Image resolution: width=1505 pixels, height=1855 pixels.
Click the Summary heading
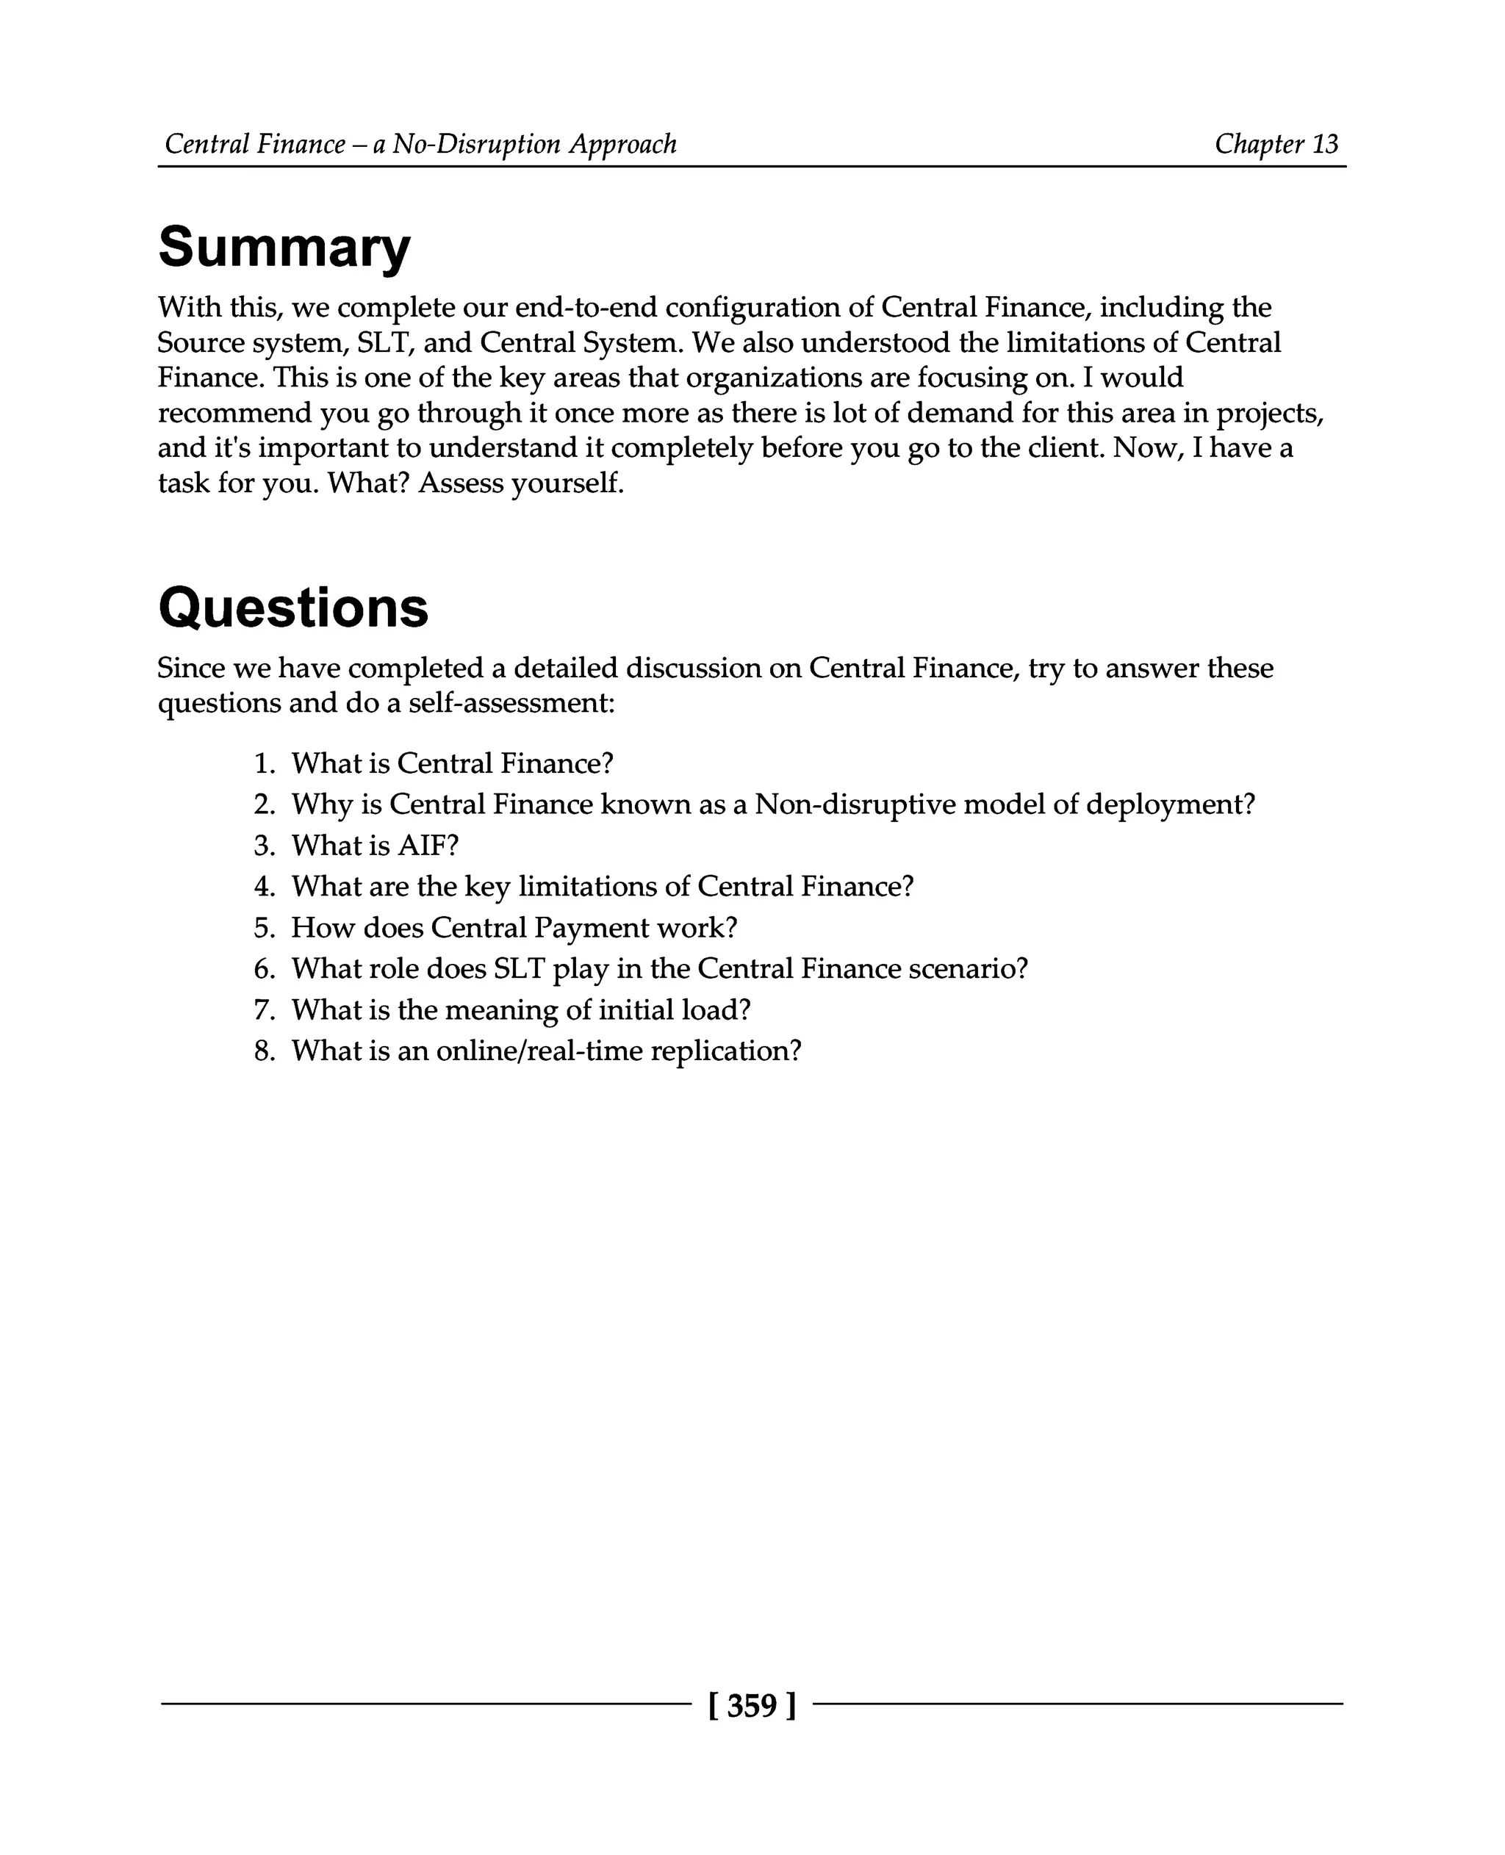284,248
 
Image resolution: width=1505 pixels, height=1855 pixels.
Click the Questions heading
293,608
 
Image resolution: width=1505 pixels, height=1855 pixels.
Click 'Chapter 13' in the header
1276,144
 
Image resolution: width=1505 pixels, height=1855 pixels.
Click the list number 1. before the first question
265,763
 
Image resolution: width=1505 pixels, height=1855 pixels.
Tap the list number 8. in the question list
265,1051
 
